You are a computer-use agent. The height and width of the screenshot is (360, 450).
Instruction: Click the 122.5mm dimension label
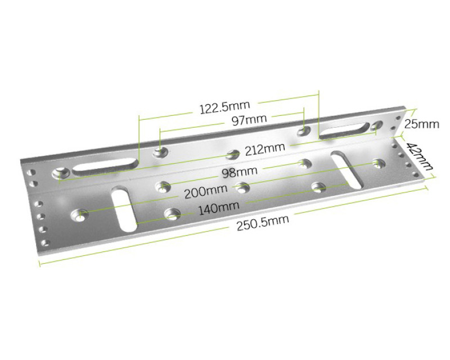(x=224, y=107)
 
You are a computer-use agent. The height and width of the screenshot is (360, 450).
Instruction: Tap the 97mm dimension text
(x=249, y=120)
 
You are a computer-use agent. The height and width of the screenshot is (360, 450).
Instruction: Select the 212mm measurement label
(x=265, y=149)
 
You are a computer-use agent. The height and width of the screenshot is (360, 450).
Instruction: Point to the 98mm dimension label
(x=240, y=172)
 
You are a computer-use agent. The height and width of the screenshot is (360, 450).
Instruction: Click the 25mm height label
(x=421, y=124)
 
